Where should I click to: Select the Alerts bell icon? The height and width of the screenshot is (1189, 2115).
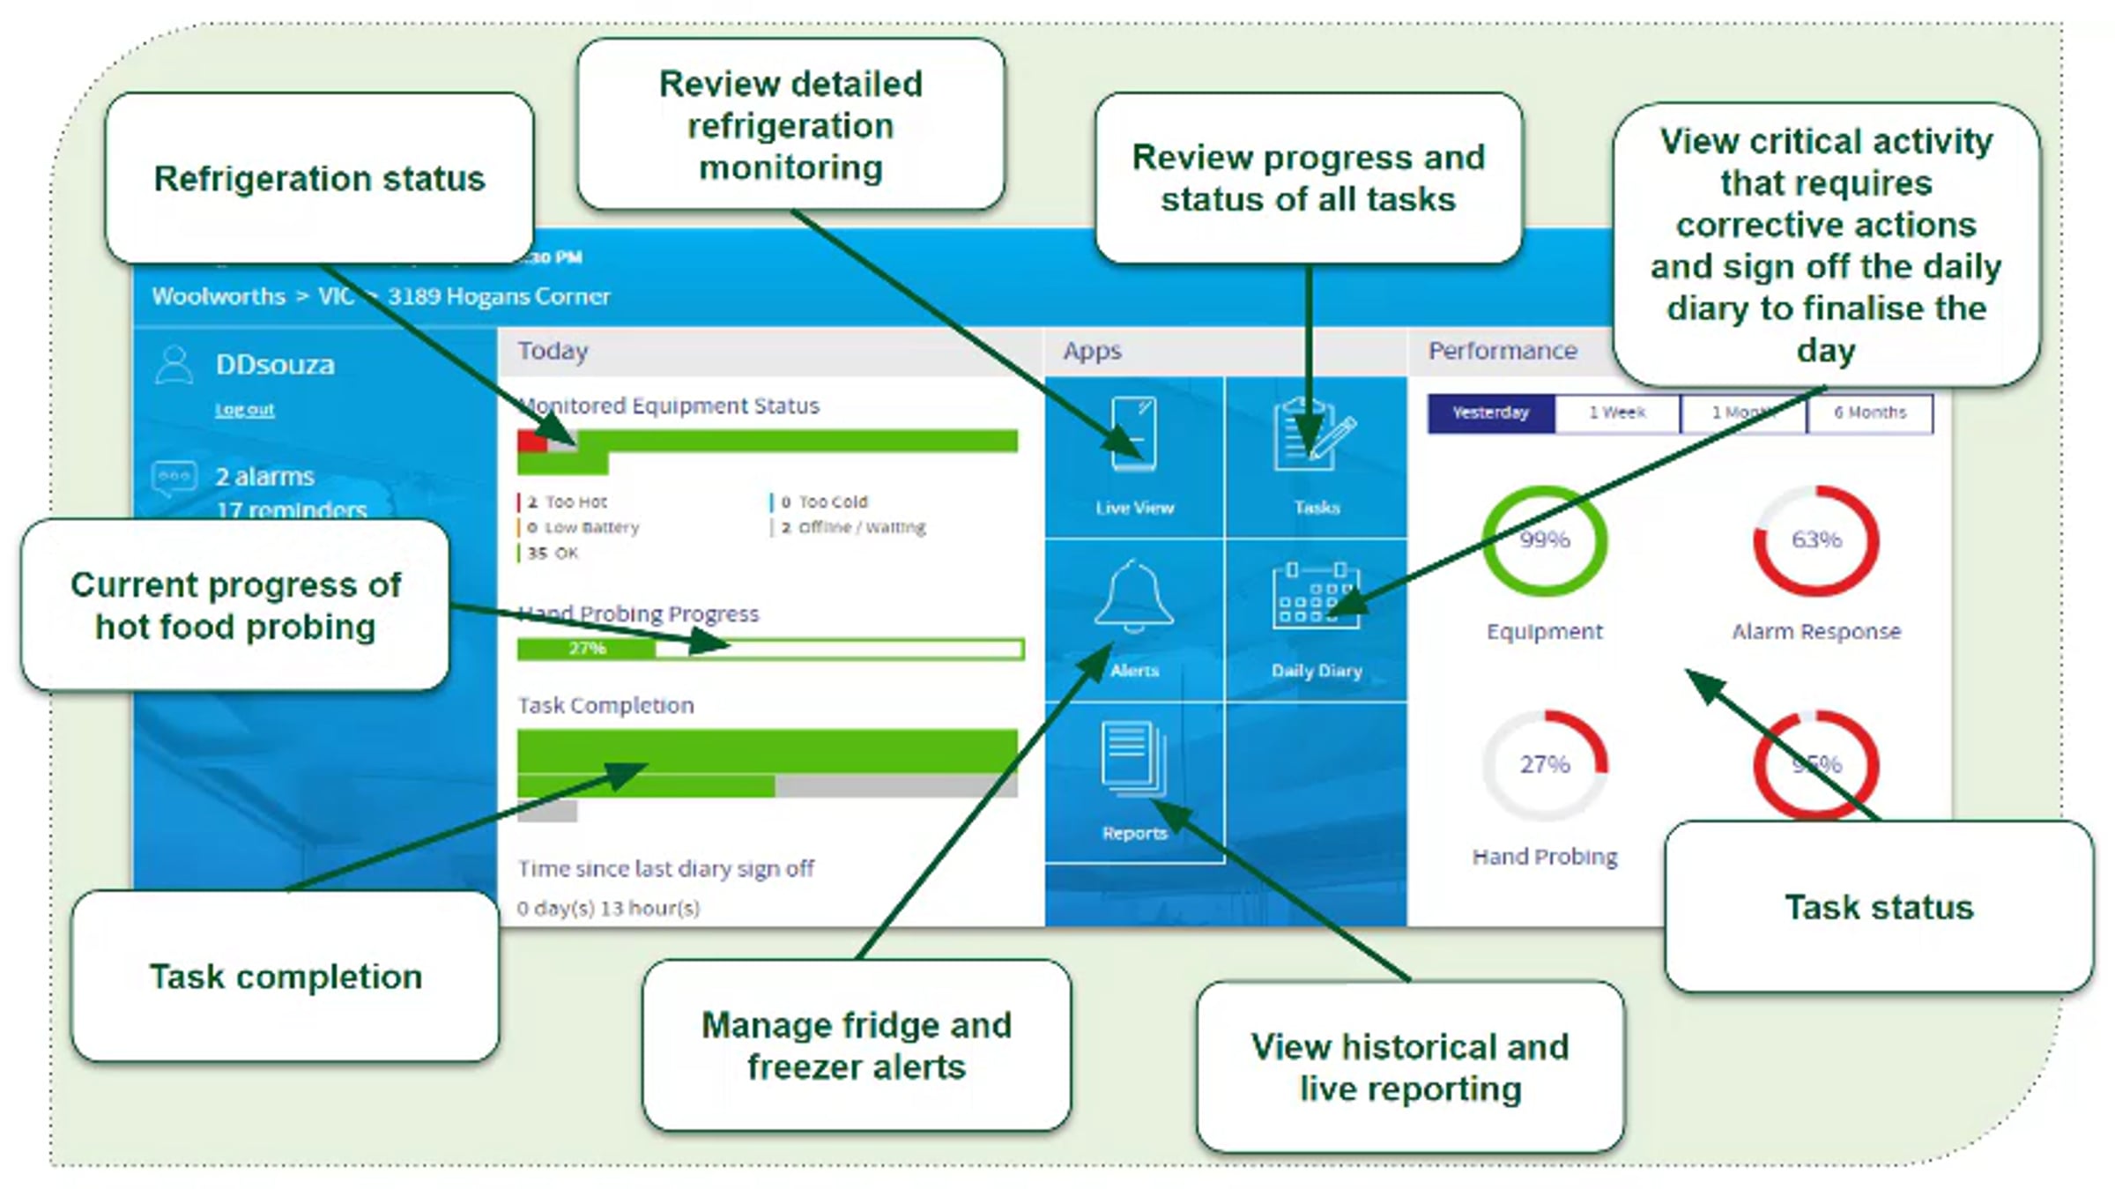point(1133,596)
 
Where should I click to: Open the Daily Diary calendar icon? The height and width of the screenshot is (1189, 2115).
point(1316,596)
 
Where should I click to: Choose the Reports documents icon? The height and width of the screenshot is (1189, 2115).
point(1133,758)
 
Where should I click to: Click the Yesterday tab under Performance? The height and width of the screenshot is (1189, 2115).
point(1490,413)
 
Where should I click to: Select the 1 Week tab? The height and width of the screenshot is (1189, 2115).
point(1617,413)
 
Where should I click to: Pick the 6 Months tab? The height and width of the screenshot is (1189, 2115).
point(1870,413)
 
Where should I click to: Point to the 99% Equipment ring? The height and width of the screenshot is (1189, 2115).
point(1544,540)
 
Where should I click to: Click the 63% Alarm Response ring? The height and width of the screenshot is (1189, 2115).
point(1816,540)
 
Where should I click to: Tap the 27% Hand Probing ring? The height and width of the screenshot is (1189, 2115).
point(1544,764)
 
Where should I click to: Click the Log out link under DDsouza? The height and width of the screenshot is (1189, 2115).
point(245,410)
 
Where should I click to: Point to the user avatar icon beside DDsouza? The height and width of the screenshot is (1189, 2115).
point(174,365)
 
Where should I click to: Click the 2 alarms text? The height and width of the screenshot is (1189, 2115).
point(264,477)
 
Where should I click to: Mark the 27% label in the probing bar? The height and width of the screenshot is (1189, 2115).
point(587,649)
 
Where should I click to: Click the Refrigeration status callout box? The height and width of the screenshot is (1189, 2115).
point(319,179)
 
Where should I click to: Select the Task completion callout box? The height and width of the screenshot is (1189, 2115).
point(286,977)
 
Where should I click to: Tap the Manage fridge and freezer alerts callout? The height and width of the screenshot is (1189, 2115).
point(857,1046)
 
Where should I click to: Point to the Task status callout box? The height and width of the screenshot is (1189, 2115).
point(1879,908)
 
